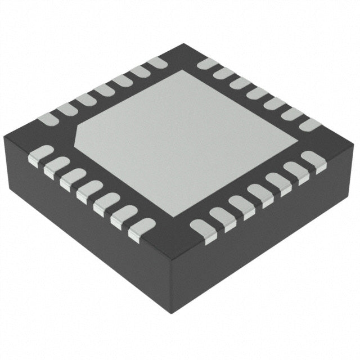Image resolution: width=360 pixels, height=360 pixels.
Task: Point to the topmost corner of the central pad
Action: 179,71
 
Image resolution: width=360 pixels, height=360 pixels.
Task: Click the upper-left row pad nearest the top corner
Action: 156,63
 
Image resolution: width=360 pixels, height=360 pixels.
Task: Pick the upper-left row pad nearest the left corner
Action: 47,118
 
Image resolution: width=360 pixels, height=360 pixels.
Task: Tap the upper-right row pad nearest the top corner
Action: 207,64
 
